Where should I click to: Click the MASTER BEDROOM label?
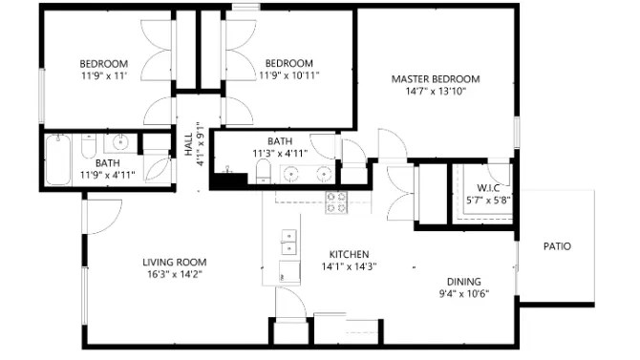pos(436,78)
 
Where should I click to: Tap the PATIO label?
pos(557,246)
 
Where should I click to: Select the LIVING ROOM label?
pos(175,262)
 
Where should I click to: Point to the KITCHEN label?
pos(349,254)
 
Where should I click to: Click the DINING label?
pos(464,282)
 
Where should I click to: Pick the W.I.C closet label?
pos(488,188)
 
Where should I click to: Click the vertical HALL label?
pos(188,144)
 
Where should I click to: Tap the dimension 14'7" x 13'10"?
pos(436,91)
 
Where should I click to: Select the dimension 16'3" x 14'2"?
pos(175,274)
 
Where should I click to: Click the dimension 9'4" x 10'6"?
pos(464,293)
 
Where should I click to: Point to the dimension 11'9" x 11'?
pos(104,75)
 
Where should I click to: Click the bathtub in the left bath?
pos(58,160)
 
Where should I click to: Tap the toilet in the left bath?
pos(89,146)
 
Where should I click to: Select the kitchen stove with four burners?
pos(336,202)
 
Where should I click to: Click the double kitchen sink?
pos(288,242)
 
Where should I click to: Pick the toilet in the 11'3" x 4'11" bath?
pos(264,172)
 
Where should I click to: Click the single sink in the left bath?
pos(120,143)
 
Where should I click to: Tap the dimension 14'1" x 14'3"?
pos(349,266)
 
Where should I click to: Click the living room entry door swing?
pos(104,217)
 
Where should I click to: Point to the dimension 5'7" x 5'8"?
pos(488,201)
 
